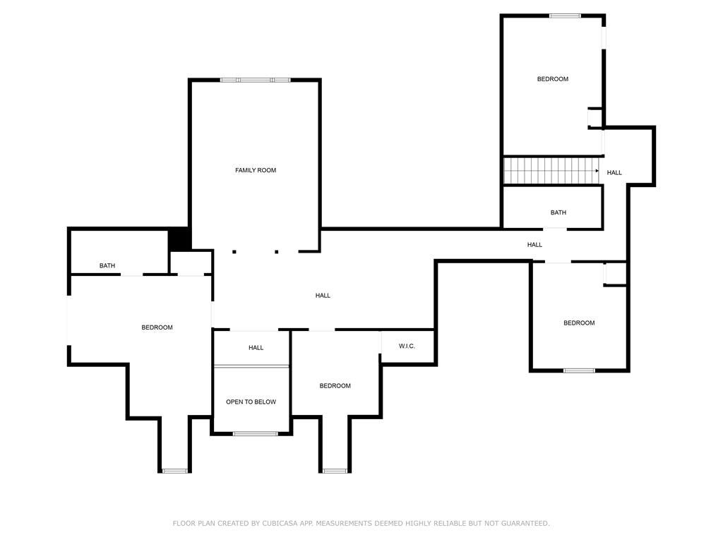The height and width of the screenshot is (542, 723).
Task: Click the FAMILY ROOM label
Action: [256, 170]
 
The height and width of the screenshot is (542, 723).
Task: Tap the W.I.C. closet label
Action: [407, 346]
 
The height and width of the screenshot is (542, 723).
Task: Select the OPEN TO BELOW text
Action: [251, 402]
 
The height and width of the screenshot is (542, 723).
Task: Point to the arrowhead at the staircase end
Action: [597, 171]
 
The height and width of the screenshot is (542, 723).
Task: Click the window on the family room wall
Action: [255, 80]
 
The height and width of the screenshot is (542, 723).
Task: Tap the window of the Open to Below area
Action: [255, 433]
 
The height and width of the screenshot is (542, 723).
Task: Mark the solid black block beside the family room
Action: [179, 239]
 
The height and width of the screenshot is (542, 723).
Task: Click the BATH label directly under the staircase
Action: [558, 212]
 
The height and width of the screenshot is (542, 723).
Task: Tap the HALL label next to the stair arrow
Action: [614, 172]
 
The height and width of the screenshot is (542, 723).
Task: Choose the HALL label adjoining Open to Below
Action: [256, 347]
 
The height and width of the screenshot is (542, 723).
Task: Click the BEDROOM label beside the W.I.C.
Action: [335, 385]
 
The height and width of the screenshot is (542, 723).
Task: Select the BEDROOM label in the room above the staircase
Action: [552, 79]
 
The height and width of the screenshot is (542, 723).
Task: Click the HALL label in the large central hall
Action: [323, 295]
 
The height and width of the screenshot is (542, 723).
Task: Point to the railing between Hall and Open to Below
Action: [251, 366]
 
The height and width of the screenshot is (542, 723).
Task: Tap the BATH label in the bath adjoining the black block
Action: [107, 265]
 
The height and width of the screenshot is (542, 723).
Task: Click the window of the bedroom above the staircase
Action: [565, 16]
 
